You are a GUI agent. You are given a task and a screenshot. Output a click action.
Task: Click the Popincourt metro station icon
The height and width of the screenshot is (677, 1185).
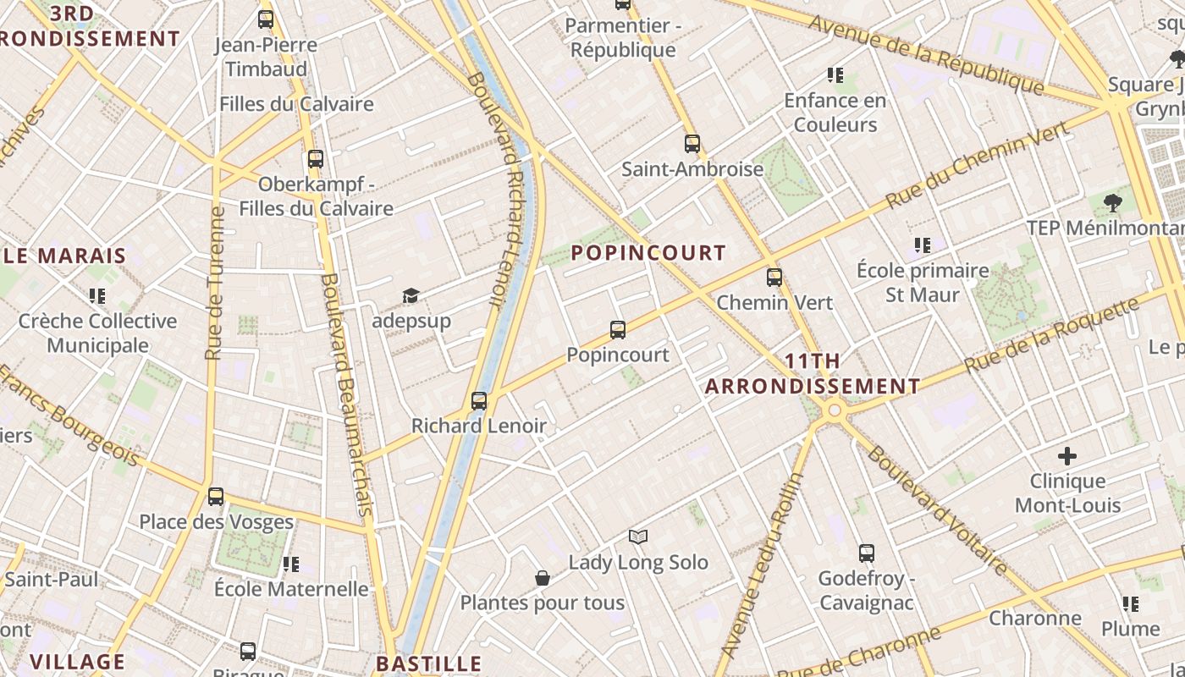pyautogui.click(x=618, y=330)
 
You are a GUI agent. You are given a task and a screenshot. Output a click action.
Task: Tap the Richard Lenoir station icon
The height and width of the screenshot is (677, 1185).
pyautogui.click(x=479, y=401)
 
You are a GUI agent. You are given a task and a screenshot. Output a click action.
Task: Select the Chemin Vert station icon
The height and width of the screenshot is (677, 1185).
pyautogui.click(x=774, y=278)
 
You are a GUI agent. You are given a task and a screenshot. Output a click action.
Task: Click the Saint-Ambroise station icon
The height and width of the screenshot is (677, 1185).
pyautogui.click(x=692, y=144)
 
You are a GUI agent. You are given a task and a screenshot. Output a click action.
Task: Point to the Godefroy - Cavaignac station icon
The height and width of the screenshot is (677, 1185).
pyautogui.click(x=867, y=553)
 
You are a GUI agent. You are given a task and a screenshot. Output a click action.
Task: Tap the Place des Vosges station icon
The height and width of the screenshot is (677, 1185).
pyautogui.click(x=216, y=497)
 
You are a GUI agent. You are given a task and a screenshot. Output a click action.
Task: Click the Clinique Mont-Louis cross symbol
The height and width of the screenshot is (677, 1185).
pyautogui.click(x=1067, y=457)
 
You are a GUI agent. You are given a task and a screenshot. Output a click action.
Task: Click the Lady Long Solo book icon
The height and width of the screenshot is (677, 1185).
pyautogui.click(x=638, y=537)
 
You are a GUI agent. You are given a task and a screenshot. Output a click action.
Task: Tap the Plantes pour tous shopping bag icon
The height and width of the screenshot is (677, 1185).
pyautogui.click(x=543, y=578)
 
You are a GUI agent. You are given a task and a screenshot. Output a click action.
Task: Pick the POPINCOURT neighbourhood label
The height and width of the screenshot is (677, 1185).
pyautogui.click(x=648, y=253)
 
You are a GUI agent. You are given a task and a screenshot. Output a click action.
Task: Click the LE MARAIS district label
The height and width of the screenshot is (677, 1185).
pyautogui.click(x=64, y=256)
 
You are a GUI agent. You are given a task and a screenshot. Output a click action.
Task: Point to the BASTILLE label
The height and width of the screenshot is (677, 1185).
pyautogui.click(x=428, y=663)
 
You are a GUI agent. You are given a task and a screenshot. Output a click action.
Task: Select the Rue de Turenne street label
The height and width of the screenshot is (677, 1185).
pyautogui.click(x=215, y=283)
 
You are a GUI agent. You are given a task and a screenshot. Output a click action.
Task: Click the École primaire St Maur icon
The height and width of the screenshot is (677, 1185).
pyautogui.click(x=923, y=245)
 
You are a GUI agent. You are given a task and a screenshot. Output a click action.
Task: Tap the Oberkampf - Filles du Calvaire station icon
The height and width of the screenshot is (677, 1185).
pyautogui.click(x=316, y=158)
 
